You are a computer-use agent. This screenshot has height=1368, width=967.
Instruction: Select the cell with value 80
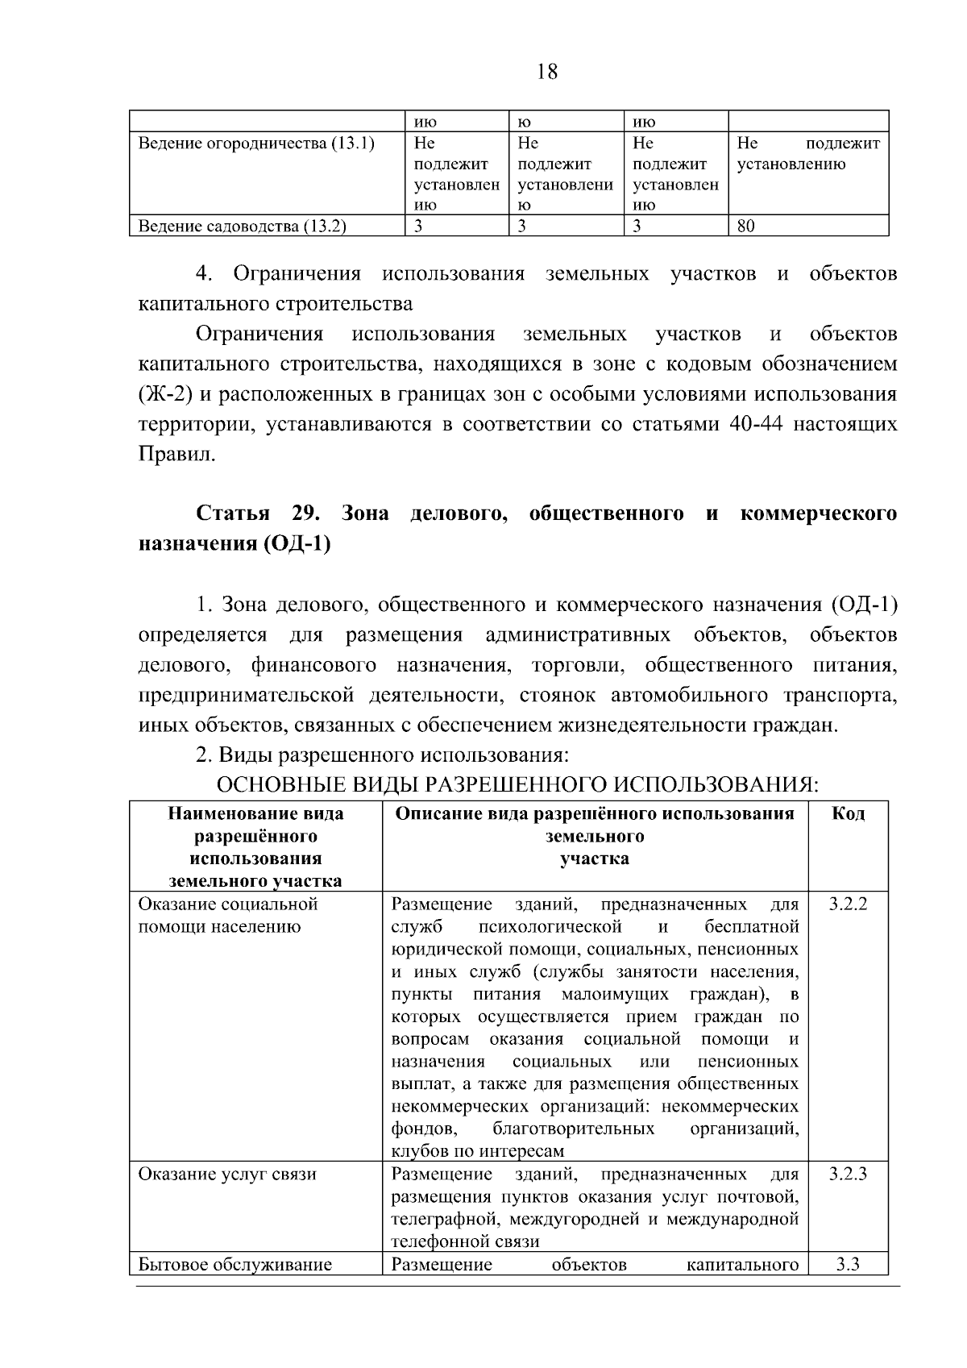point(747,227)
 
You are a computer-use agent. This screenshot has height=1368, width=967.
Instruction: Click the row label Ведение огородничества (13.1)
point(257,144)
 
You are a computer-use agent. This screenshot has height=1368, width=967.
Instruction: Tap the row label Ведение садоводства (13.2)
point(243,227)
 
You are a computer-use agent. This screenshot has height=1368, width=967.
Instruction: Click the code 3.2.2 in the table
point(848,904)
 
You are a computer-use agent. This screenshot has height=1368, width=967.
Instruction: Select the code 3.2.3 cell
point(848,1175)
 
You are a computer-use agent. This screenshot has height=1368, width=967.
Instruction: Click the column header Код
point(848,813)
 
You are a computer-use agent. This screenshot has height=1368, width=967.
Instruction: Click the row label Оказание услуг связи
point(227,1175)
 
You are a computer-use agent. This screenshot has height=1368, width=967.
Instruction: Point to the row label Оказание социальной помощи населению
point(228,915)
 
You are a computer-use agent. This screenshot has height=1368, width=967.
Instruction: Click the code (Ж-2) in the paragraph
point(164,394)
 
